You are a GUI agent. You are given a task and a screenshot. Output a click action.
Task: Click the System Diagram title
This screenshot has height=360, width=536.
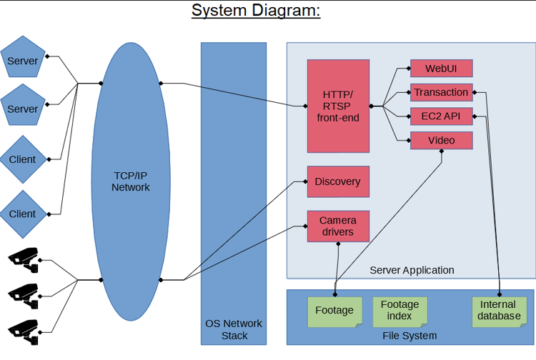(256, 11)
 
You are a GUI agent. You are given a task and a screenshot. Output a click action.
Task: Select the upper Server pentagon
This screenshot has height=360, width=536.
(23, 61)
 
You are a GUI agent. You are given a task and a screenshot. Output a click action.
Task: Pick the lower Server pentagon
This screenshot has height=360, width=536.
(23, 109)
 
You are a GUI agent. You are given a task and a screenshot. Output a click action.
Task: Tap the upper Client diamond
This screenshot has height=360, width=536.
(23, 159)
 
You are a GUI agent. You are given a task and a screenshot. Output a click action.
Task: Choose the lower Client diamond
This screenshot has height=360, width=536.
(23, 214)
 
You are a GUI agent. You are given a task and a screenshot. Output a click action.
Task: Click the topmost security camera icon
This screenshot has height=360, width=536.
(24, 258)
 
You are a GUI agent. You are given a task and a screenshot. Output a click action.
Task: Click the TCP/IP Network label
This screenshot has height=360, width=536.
(131, 181)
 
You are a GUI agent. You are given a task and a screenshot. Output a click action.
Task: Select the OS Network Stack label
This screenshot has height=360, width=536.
(234, 329)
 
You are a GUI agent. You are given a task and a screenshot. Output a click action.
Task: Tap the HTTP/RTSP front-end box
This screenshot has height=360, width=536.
(338, 106)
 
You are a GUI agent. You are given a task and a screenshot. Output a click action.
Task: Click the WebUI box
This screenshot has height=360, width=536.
(441, 69)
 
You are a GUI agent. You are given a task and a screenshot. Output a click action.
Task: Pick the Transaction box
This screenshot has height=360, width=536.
(441, 92)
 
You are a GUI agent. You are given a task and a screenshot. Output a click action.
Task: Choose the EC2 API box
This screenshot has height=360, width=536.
(441, 116)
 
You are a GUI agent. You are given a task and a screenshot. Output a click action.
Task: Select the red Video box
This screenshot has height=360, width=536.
(441, 140)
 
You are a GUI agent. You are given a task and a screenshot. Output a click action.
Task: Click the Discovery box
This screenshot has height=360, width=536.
(338, 181)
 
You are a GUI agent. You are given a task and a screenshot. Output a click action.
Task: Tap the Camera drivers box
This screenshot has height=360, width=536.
(338, 226)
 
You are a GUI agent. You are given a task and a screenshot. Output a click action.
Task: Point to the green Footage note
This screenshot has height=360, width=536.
(334, 311)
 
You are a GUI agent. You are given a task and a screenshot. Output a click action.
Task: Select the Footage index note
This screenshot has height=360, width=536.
(399, 311)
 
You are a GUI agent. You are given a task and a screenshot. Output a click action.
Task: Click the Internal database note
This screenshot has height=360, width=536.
(499, 311)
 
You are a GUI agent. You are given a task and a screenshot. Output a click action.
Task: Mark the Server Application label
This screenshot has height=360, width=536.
(412, 270)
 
